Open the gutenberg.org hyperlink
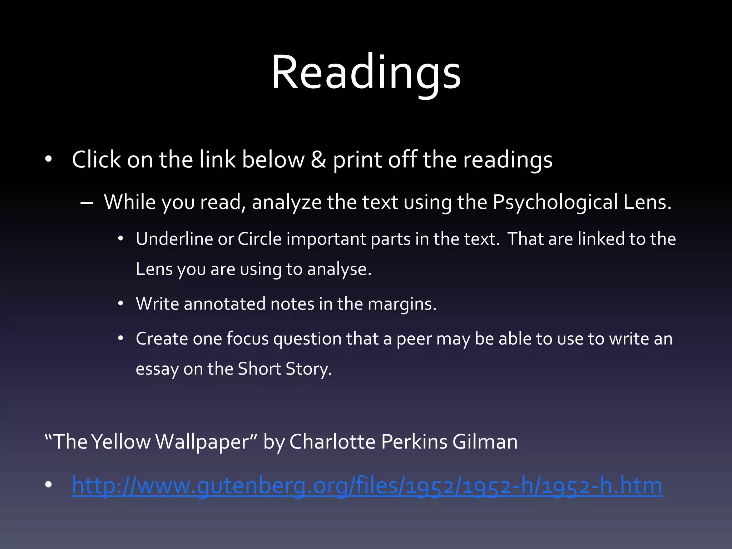coord(367,485)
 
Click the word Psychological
coord(555,203)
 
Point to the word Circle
coord(259,239)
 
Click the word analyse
coord(339,269)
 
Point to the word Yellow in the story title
coord(121,442)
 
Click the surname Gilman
coord(485,442)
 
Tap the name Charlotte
coord(332,442)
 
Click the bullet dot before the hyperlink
coord(49,485)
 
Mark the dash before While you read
coord(87,203)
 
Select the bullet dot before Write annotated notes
coord(121,304)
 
